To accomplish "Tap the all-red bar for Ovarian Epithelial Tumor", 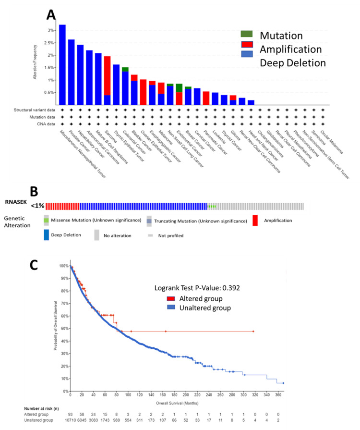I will (x=143, y=92).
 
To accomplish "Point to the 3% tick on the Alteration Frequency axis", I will (x=51, y=30).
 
